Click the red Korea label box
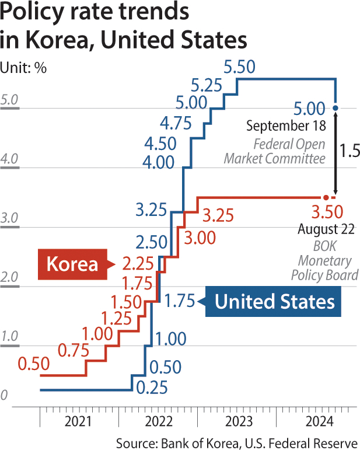pos(73,264)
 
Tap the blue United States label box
pos(274,301)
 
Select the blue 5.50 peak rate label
pos(239,67)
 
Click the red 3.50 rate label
pos(327,212)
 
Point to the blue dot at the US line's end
pos(335,108)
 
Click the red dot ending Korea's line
pos(326,197)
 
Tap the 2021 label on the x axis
pos(78,421)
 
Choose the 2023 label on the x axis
pos(239,421)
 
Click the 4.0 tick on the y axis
pos(9,159)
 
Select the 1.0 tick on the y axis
pos(9,336)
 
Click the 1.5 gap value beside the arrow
pos(350,151)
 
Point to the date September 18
pos(286,125)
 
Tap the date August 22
pos(326,229)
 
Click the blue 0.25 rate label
pos(152,388)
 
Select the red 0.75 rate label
pos(74,350)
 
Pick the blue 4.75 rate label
pos(176,123)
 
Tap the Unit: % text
pos(23,68)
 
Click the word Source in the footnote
pos(137,443)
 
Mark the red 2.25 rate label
pos(138,263)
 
